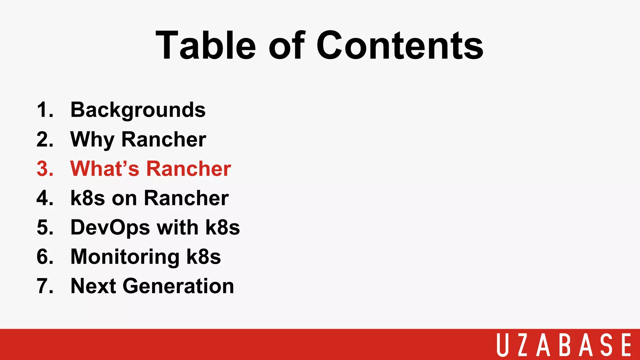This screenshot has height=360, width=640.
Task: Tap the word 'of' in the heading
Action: click(286, 45)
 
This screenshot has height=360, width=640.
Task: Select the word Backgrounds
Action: click(138, 110)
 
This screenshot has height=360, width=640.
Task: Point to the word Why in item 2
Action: click(92, 139)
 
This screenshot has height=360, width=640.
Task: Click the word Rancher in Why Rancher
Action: click(163, 139)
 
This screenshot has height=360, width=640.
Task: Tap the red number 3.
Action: click(45, 169)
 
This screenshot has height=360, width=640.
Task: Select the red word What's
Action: click(104, 169)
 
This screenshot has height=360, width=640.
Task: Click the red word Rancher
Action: click(188, 169)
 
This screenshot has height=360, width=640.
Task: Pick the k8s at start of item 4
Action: click(87, 198)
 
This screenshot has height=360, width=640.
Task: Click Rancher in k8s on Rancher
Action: click(186, 198)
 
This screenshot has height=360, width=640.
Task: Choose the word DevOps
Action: click(110, 227)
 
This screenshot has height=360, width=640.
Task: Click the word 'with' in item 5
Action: click(177, 227)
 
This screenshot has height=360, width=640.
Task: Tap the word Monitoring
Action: click(125, 257)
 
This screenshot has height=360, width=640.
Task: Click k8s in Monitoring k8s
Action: click(203, 257)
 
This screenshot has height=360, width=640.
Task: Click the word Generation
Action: click(178, 286)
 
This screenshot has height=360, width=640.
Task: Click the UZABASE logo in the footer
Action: click(564, 345)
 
